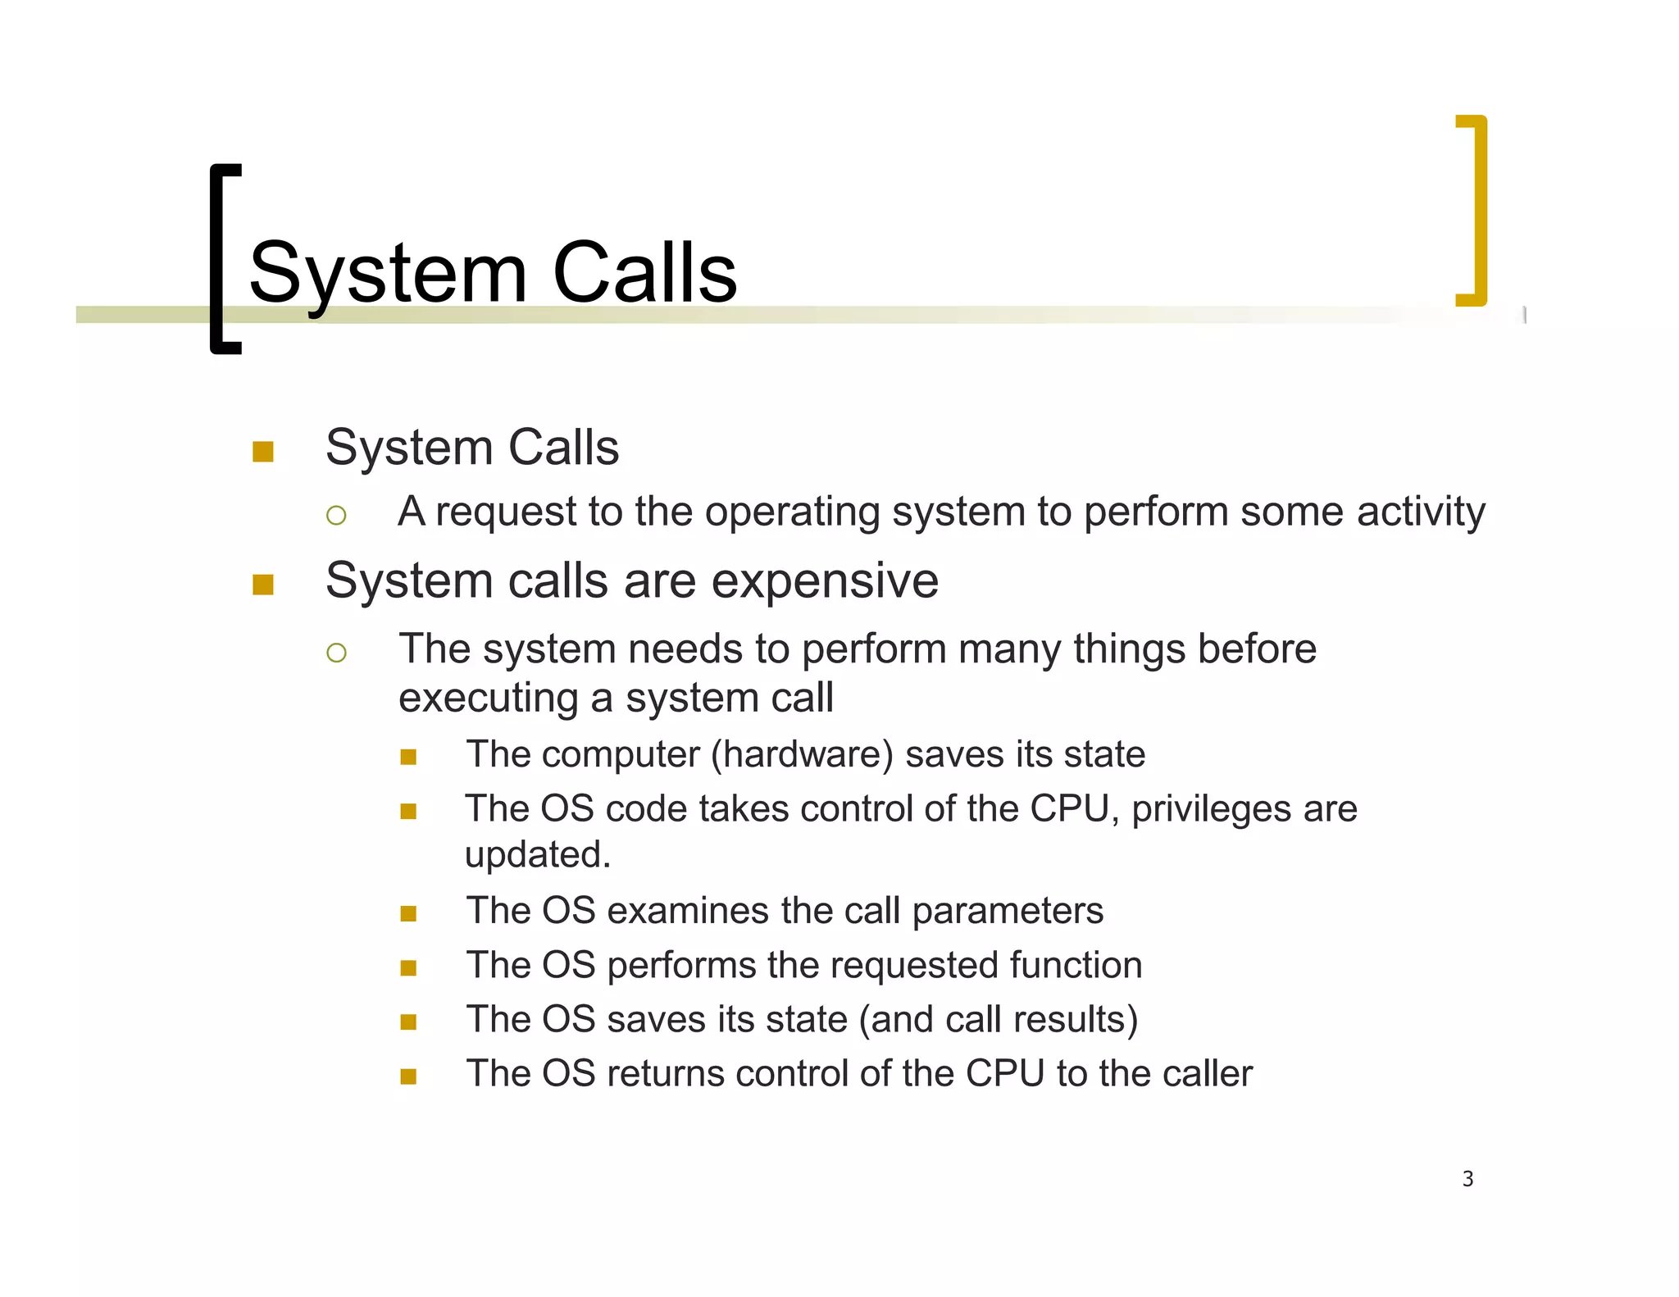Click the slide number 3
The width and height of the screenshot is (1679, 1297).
pos(1467,1179)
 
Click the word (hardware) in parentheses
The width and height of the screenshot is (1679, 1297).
pos(802,754)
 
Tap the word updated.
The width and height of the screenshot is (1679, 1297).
pos(537,855)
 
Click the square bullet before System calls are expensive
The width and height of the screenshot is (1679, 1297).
pos(263,585)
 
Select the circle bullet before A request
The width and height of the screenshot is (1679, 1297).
pos(336,516)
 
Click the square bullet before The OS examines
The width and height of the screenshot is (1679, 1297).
pos(408,913)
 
